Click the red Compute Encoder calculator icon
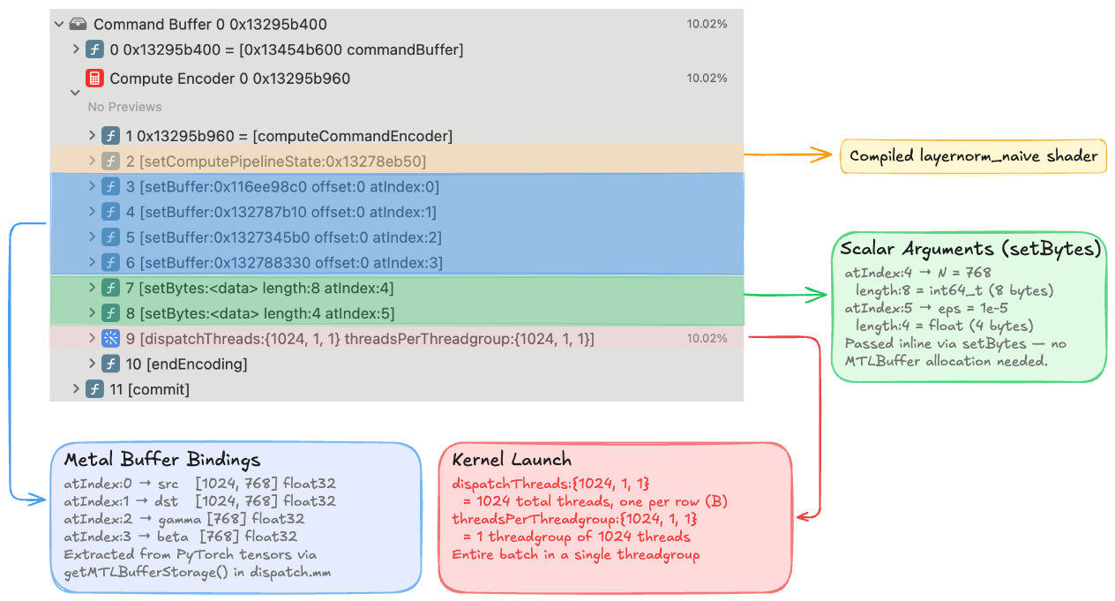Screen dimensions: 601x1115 click(94, 79)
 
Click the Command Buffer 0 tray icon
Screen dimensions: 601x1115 click(79, 25)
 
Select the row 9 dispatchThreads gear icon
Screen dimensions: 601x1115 click(110, 338)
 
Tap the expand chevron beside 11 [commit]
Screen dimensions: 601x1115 click(76, 388)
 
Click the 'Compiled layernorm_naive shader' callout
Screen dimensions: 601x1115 click(973, 156)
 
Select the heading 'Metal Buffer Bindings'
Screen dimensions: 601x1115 click(161, 460)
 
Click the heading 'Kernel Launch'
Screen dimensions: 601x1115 click(511, 460)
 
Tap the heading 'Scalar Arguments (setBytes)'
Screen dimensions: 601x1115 click(969, 249)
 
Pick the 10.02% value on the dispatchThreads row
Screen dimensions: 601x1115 click(707, 339)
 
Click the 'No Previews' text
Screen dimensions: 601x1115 click(124, 107)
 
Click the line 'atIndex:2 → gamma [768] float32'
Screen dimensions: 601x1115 click(183, 519)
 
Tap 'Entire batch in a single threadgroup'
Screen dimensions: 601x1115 click(575, 554)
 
